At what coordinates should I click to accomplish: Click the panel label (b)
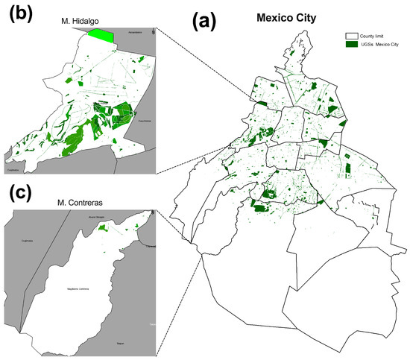19,13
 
